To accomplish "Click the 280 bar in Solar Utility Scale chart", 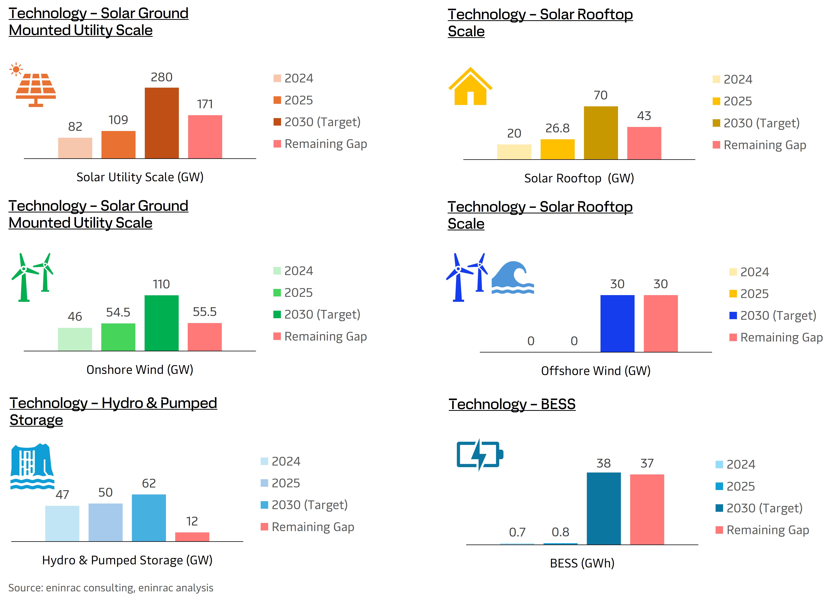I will click(162, 123).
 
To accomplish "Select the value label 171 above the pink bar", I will click(205, 104).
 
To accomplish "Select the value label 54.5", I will click(118, 313).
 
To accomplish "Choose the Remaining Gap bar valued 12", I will click(192, 537).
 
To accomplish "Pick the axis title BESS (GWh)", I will click(582, 563).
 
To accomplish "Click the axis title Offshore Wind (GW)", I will click(596, 371).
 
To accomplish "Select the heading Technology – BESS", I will click(512, 404).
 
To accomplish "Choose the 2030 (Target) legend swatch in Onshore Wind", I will click(277, 314).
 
